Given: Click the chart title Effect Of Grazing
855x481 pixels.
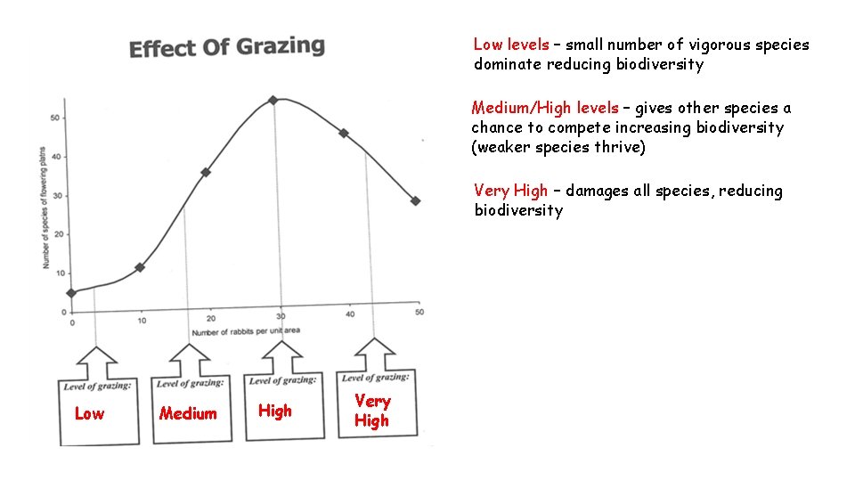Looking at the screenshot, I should point(227,46).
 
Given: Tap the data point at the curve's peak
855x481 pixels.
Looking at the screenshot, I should point(273,100).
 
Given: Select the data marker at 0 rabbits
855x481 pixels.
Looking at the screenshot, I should point(72,292).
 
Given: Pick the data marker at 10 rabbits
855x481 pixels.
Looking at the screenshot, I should point(140,267).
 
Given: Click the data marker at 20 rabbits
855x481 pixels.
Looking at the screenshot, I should point(206,172).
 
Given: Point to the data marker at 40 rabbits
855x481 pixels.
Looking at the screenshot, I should point(344,134).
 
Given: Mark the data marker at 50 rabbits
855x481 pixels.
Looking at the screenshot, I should point(416,201).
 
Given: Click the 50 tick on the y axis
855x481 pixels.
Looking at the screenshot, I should point(55,118).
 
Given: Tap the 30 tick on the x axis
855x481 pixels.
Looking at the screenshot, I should point(281,316).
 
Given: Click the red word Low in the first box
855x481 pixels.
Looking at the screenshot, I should point(89,413).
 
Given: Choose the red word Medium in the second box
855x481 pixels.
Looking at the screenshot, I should point(188,413).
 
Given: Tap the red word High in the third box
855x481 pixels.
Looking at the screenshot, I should point(274,411).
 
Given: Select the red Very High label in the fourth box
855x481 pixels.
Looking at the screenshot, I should point(372,411).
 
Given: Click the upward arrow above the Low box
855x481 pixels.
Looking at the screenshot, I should point(97,361).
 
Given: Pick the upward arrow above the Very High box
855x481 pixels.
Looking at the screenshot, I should point(375,353).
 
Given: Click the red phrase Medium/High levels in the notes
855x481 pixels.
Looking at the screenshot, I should point(544,108).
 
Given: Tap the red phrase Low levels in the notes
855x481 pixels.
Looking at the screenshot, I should point(511,45).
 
